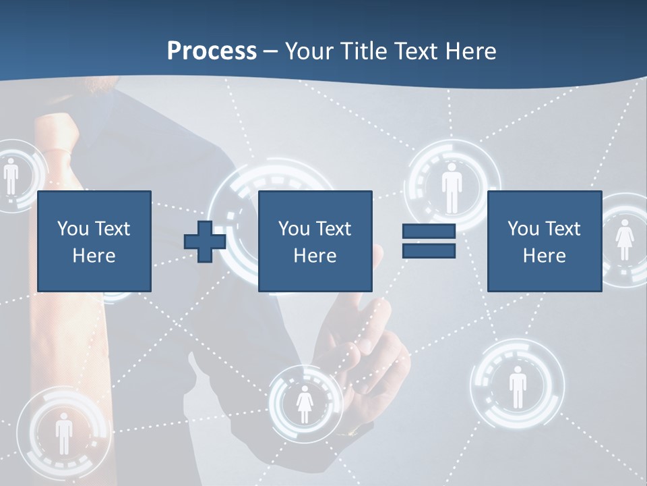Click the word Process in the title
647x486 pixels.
point(212,51)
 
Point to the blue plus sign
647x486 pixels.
point(205,242)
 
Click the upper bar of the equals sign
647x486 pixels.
point(429,232)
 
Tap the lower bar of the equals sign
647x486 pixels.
point(429,250)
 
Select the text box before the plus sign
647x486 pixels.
point(94,241)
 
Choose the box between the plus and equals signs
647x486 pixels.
point(315,241)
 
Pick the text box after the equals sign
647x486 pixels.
point(544,241)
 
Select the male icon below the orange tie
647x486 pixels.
point(63,433)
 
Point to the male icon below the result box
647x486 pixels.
point(517,386)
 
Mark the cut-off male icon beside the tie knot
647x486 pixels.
point(11,177)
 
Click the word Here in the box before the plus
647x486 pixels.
point(94,256)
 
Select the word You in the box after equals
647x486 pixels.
point(523,229)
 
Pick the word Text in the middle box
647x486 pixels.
point(334,229)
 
